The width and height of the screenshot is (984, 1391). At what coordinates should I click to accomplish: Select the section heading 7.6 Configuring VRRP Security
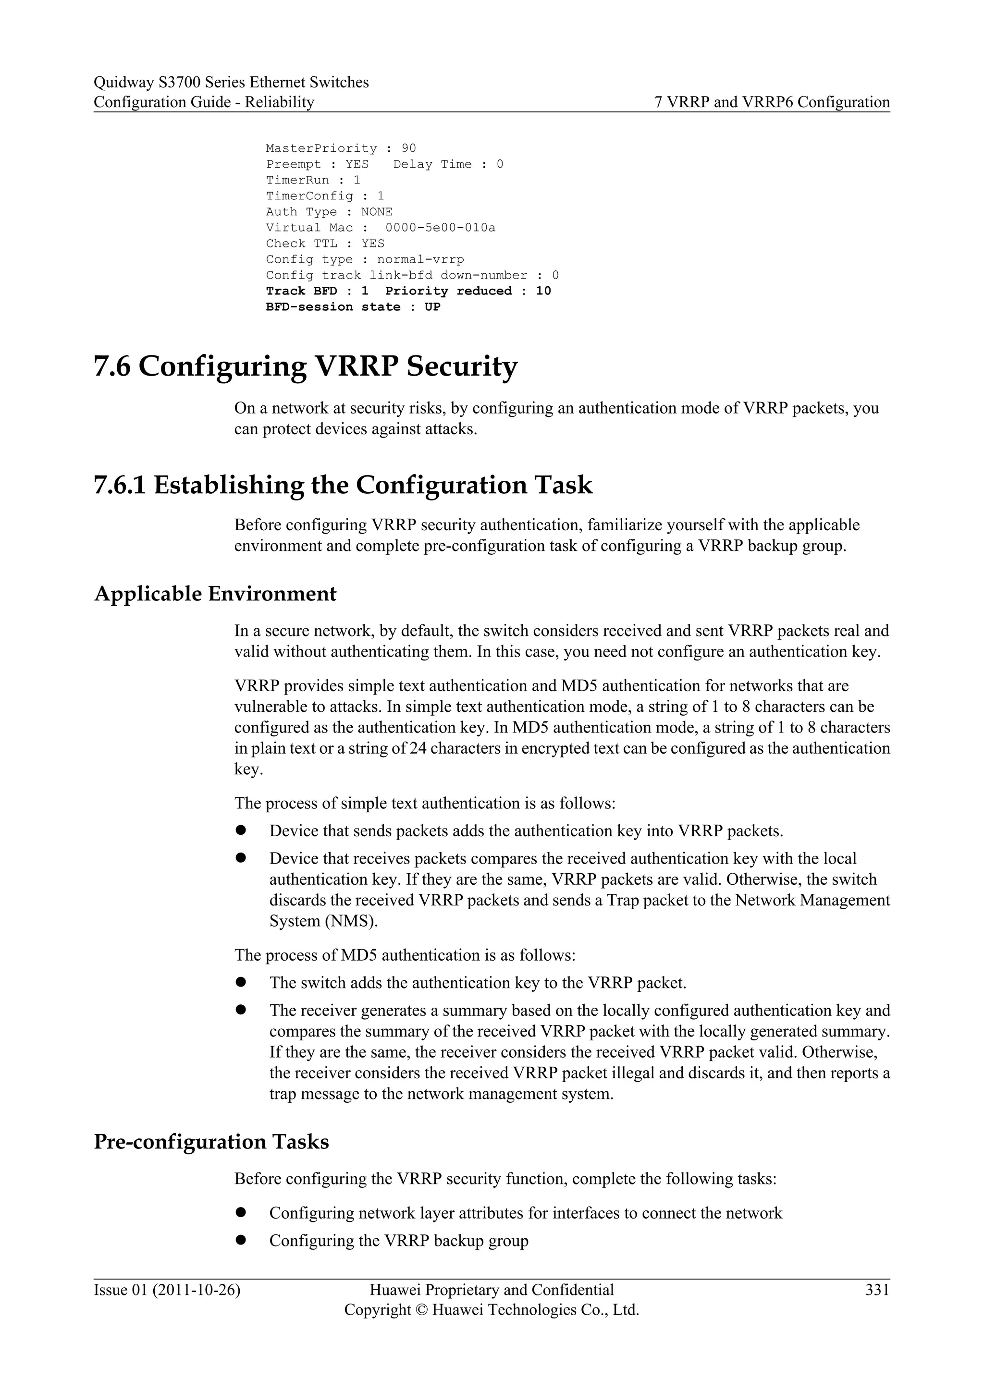pos(306,366)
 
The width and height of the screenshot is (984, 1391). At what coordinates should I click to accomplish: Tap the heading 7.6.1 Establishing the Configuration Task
pos(343,485)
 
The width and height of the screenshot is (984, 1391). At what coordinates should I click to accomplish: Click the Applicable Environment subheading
pos(215,594)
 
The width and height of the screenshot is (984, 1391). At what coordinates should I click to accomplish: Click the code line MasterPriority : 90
pos(341,148)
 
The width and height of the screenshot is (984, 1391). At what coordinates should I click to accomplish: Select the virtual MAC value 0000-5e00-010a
pos(440,228)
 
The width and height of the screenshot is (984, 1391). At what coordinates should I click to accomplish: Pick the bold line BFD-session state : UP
pos(353,306)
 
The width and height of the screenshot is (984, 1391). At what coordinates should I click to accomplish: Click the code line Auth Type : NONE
pos(329,212)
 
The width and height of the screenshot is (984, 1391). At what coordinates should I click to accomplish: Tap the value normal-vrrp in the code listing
pos(420,259)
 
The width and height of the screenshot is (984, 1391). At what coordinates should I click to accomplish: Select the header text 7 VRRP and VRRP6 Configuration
pos(772,102)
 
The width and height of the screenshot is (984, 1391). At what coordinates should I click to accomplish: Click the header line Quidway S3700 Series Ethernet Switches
pos(231,83)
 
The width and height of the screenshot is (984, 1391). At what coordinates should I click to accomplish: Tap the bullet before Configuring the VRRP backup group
pos(241,1240)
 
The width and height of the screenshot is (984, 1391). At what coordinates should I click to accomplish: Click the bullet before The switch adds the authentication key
pos(241,982)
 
